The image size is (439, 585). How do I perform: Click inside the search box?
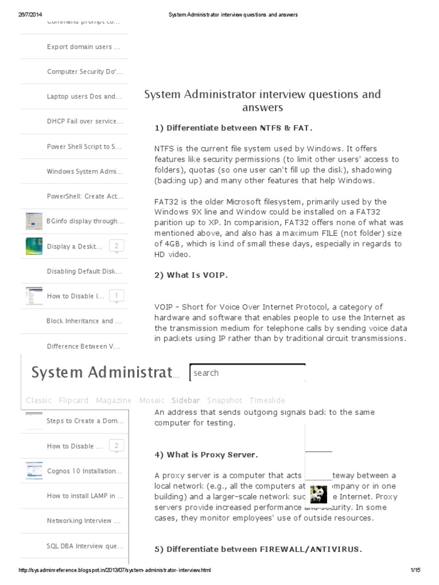247,373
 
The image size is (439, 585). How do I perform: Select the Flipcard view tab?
74,400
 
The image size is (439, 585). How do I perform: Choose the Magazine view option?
114,400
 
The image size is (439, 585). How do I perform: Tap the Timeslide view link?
267,400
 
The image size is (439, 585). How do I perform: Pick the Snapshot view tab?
224,400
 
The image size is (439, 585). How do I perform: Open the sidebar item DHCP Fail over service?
85,122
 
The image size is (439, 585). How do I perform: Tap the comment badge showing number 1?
117,296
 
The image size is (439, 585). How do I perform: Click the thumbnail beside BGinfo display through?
34,221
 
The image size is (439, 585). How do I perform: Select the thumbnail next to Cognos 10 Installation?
34,471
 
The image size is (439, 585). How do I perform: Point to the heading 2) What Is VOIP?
191,275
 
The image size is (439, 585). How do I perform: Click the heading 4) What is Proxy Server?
206,455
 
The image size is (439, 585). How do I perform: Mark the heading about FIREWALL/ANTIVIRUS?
258,550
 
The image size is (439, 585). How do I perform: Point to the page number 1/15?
415,570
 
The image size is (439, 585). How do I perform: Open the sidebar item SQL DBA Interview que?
85,546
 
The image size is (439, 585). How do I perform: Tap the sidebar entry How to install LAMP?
85,496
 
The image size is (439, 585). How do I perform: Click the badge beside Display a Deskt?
117,246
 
